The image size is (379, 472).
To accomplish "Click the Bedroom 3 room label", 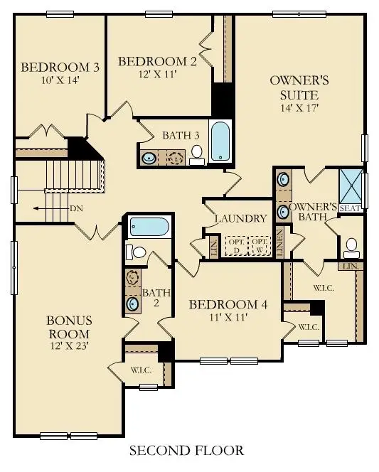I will click(x=59, y=68).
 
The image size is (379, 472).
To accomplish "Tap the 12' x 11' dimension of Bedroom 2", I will click(x=156, y=73).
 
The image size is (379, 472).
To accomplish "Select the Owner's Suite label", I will click(x=293, y=87).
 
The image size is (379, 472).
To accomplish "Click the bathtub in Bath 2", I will click(x=149, y=227).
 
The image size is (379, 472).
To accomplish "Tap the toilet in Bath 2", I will click(x=137, y=252).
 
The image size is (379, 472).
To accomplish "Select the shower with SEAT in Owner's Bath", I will click(x=350, y=186).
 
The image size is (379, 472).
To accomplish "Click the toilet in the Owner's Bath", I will click(x=350, y=247).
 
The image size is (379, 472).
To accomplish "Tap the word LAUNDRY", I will click(x=240, y=219).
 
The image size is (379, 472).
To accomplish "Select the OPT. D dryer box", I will click(x=235, y=245).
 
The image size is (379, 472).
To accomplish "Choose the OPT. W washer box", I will click(x=260, y=245).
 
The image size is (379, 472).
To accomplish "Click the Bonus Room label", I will click(x=69, y=328).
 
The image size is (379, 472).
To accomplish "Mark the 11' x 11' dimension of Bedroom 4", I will click(x=228, y=318).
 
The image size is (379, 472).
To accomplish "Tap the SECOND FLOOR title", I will click(x=186, y=450).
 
